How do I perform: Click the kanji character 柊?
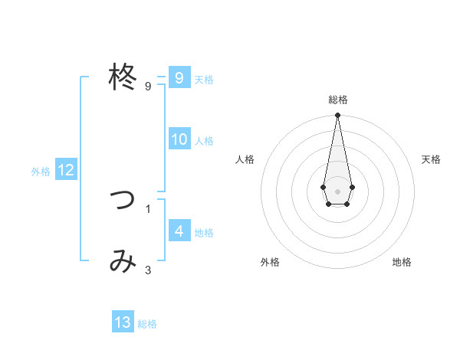[x=123, y=77]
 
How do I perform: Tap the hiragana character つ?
[x=123, y=201]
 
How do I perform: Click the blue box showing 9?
[x=179, y=78]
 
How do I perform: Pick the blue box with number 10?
[x=179, y=139]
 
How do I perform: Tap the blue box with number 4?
[x=179, y=231]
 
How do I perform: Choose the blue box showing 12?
[x=66, y=170]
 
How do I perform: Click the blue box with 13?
[x=123, y=322]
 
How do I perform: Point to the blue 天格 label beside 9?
[x=204, y=80]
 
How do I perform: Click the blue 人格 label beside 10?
[x=204, y=141]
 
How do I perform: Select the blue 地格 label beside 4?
[x=204, y=233]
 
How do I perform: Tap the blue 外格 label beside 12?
[x=41, y=172]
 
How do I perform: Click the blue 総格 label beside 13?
[x=147, y=324]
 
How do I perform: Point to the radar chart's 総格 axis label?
[x=337, y=100]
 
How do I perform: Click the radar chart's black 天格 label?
[x=432, y=159]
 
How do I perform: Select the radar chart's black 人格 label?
[x=245, y=159]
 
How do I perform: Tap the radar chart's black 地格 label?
[x=402, y=262]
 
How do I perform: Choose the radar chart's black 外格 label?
[x=270, y=262]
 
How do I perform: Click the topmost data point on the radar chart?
[x=337, y=115]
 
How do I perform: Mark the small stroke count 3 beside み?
[x=148, y=270]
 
